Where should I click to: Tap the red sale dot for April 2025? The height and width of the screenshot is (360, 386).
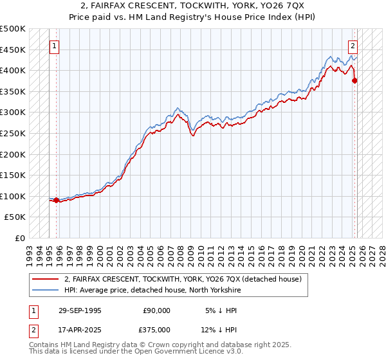point(354,80)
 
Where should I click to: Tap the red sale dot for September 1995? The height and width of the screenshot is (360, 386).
point(57,200)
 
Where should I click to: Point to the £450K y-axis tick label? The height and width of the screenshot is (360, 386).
point(13,50)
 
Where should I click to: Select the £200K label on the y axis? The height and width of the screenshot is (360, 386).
point(13,154)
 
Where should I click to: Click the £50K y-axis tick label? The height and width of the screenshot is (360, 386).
point(15,217)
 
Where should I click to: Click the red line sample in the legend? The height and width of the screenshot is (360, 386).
point(45,279)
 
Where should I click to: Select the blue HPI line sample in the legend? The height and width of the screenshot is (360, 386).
point(45,289)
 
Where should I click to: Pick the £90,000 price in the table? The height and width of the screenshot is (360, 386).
point(156,310)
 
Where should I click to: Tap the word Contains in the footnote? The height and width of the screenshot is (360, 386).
point(45,346)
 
